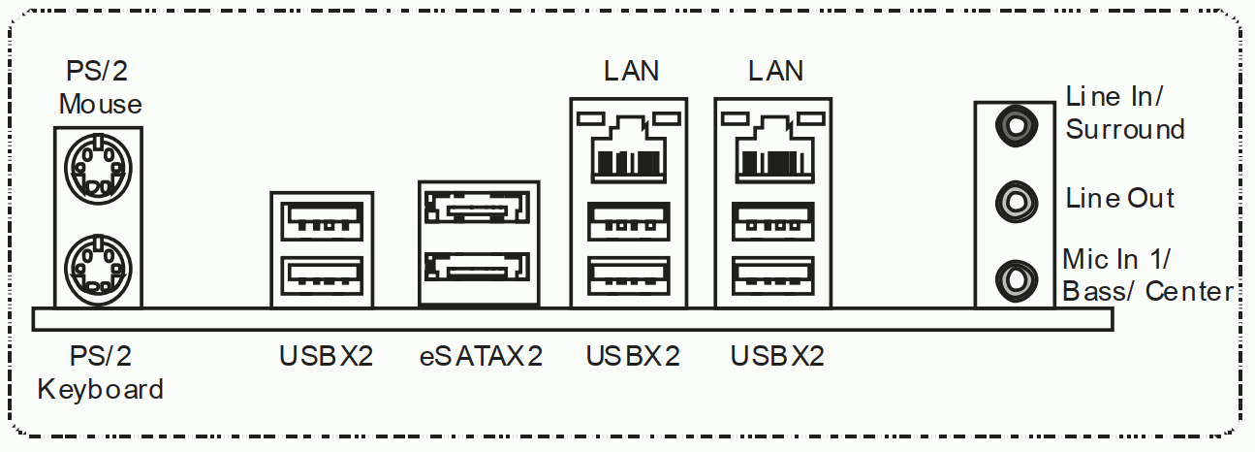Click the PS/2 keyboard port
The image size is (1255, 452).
[95, 263]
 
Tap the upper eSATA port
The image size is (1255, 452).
[478, 209]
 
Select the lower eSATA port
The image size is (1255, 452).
[478, 265]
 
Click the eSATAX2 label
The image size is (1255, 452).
[481, 357]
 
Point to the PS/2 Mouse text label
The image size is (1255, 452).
[99, 87]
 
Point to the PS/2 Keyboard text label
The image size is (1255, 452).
[99, 373]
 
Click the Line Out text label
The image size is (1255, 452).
[1119, 199]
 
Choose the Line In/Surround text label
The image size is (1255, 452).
[1124, 113]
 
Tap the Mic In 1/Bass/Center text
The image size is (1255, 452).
[1146, 274]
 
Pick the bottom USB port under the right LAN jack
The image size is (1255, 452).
[772, 275]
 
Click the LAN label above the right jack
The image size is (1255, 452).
[775, 71]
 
